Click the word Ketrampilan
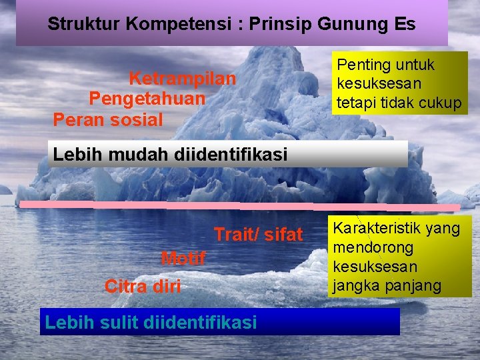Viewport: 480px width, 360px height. [182, 79]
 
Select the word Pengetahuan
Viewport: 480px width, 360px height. [147, 99]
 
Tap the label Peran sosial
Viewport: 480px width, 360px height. [108, 120]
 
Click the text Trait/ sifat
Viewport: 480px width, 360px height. [258, 235]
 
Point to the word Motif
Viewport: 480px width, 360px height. [183, 258]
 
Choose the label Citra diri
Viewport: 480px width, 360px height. [143, 287]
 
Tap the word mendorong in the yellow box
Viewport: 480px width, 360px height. [373, 247]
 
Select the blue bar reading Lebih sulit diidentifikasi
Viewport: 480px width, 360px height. [220, 322]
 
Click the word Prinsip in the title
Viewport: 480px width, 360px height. [277, 25]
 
